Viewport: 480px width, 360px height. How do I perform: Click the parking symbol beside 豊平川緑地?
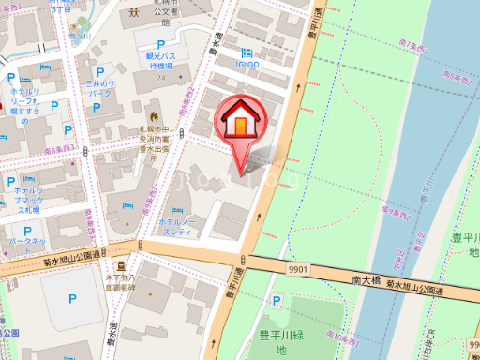tap(276, 302)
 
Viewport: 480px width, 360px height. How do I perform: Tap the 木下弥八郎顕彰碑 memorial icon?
tap(120, 266)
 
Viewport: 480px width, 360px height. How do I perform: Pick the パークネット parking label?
tap(26, 241)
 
